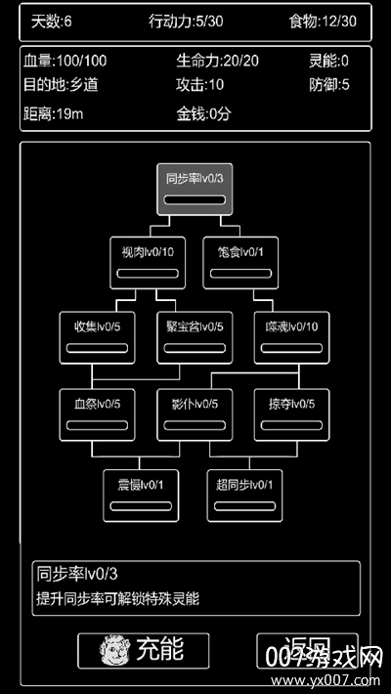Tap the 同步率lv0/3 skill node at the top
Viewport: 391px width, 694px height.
tap(195, 189)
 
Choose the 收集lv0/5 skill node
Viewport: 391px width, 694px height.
tap(97, 336)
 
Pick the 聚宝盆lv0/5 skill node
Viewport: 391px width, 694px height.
tap(195, 336)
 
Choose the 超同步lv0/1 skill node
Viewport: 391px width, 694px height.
tap(244, 495)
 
